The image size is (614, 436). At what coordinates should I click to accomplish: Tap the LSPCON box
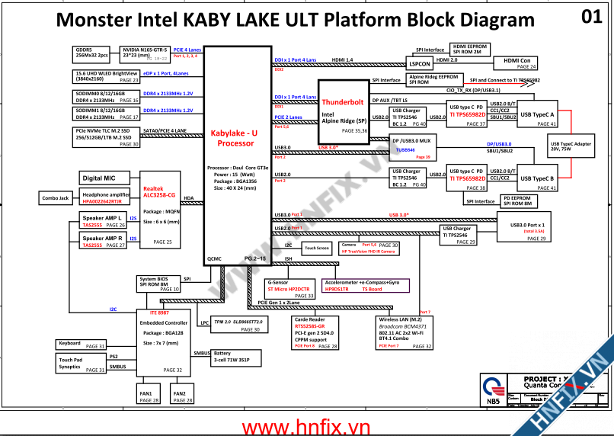(420, 64)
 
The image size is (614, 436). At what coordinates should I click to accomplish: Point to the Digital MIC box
(102, 178)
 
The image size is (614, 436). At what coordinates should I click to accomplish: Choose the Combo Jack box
(55, 198)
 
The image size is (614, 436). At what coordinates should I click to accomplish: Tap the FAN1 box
(149, 396)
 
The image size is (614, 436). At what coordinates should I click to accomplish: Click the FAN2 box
(180, 396)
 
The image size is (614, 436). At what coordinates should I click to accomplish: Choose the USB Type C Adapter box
(571, 146)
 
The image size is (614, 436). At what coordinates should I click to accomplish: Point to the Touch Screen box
(316, 248)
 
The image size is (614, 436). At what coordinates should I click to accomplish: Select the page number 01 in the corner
(591, 17)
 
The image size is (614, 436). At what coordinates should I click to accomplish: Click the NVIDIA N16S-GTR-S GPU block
(146, 54)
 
